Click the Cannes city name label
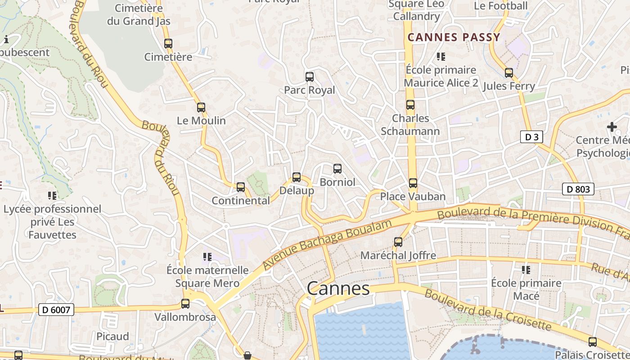[x=338, y=288]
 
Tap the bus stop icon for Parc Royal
[x=310, y=76]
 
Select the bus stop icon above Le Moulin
[x=201, y=108]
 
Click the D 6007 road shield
[x=56, y=310]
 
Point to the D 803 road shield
[x=578, y=189]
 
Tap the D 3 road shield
[x=531, y=137]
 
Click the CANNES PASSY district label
[x=454, y=37]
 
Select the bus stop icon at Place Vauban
[x=413, y=183]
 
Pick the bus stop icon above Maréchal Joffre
[x=398, y=242]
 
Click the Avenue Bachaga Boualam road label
[x=325, y=245]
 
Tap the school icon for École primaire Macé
[x=526, y=270]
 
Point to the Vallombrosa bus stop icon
[x=185, y=304]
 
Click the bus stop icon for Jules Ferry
[x=509, y=72]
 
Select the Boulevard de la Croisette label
[x=488, y=309]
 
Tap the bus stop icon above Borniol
[x=337, y=169]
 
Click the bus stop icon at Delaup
[x=297, y=177]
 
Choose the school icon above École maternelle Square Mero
[x=207, y=257]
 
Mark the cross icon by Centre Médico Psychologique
[x=612, y=127]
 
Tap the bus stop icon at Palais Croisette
[x=593, y=342]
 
